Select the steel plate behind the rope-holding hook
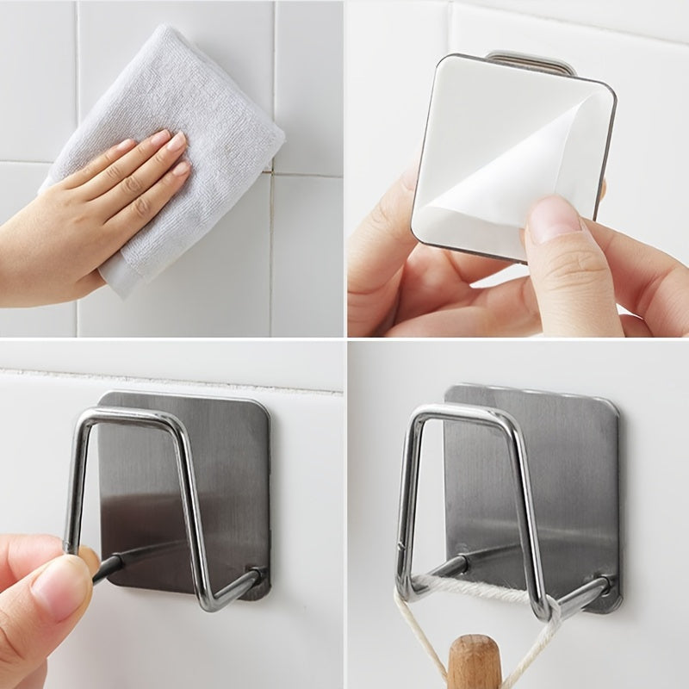pyautogui.click(x=560, y=482)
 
